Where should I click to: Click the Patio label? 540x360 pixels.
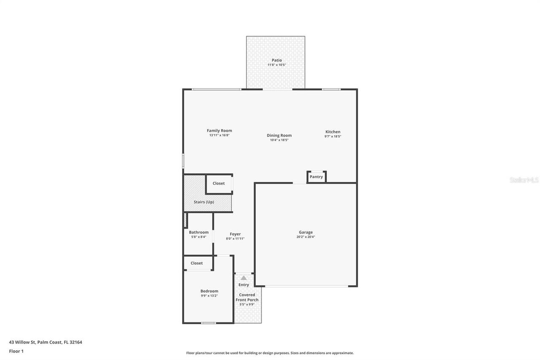[x=276, y=60]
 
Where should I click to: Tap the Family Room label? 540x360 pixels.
[x=219, y=131]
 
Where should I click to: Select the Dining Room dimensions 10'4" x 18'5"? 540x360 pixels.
[x=279, y=140]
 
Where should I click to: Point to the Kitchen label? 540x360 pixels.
[x=332, y=132]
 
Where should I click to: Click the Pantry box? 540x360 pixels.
[x=316, y=177]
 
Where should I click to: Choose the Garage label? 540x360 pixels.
[x=306, y=232]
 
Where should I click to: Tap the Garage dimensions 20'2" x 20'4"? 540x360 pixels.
[x=306, y=237]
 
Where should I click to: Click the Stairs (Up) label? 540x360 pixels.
[x=204, y=202]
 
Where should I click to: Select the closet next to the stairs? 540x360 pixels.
[x=219, y=184]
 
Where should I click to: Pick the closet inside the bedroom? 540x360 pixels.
[x=197, y=263]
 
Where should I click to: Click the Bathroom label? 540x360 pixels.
[x=199, y=232]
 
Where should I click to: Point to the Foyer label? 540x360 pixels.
[x=235, y=234]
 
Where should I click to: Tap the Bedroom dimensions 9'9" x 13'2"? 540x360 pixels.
[x=209, y=296]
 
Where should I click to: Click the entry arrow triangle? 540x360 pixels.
[x=243, y=278]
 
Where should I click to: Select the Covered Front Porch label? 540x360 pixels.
[x=247, y=298]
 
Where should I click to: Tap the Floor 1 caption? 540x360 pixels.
[x=16, y=351]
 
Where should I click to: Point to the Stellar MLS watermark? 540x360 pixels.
[x=524, y=180]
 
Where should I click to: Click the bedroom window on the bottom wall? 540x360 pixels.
[x=208, y=323]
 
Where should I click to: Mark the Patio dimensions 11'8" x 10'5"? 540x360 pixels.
[x=276, y=65]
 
